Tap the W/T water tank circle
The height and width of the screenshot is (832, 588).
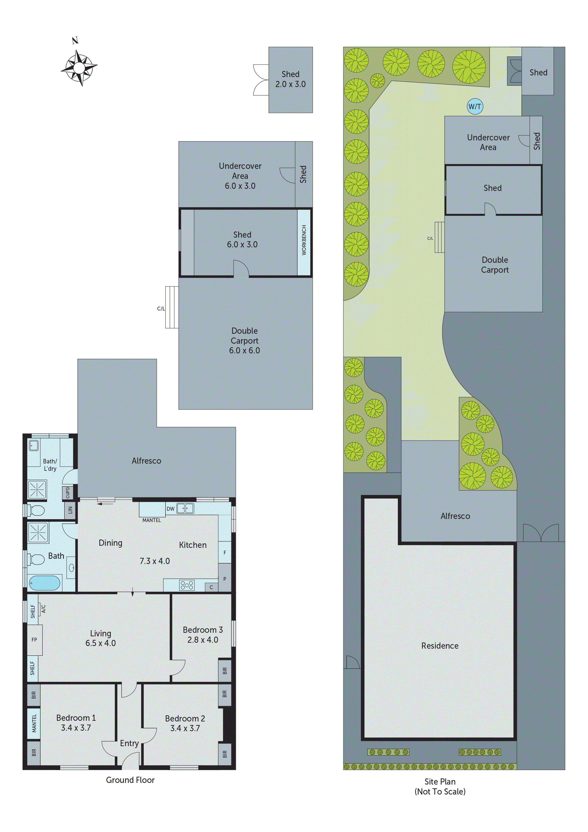pyautogui.click(x=475, y=106)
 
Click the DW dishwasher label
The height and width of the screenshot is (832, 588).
pyautogui.click(x=170, y=509)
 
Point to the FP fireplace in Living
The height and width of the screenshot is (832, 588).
pyautogui.click(x=34, y=640)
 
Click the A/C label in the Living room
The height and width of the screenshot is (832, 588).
pyautogui.click(x=43, y=608)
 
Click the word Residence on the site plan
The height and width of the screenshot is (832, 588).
pyautogui.click(x=440, y=646)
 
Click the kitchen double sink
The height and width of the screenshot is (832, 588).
pyautogui.click(x=185, y=508)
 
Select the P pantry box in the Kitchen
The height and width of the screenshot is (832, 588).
pyautogui.click(x=225, y=579)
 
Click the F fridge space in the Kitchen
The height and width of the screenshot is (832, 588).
pyautogui.click(x=225, y=553)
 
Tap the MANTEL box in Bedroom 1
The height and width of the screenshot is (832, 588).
pyautogui.click(x=34, y=723)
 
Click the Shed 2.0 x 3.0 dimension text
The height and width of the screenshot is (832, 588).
pyautogui.click(x=290, y=84)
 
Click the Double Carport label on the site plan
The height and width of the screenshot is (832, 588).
pyautogui.click(x=495, y=265)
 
